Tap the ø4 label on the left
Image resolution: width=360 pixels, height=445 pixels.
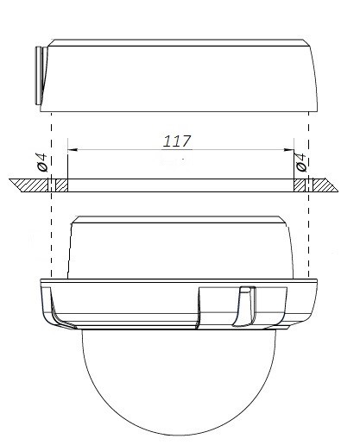click(x=41, y=162)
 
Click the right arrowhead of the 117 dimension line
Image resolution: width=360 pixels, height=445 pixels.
click(x=290, y=149)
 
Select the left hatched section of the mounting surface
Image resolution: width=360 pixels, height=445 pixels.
click(x=31, y=185)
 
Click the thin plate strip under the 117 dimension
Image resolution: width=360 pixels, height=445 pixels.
click(x=177, y=185)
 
